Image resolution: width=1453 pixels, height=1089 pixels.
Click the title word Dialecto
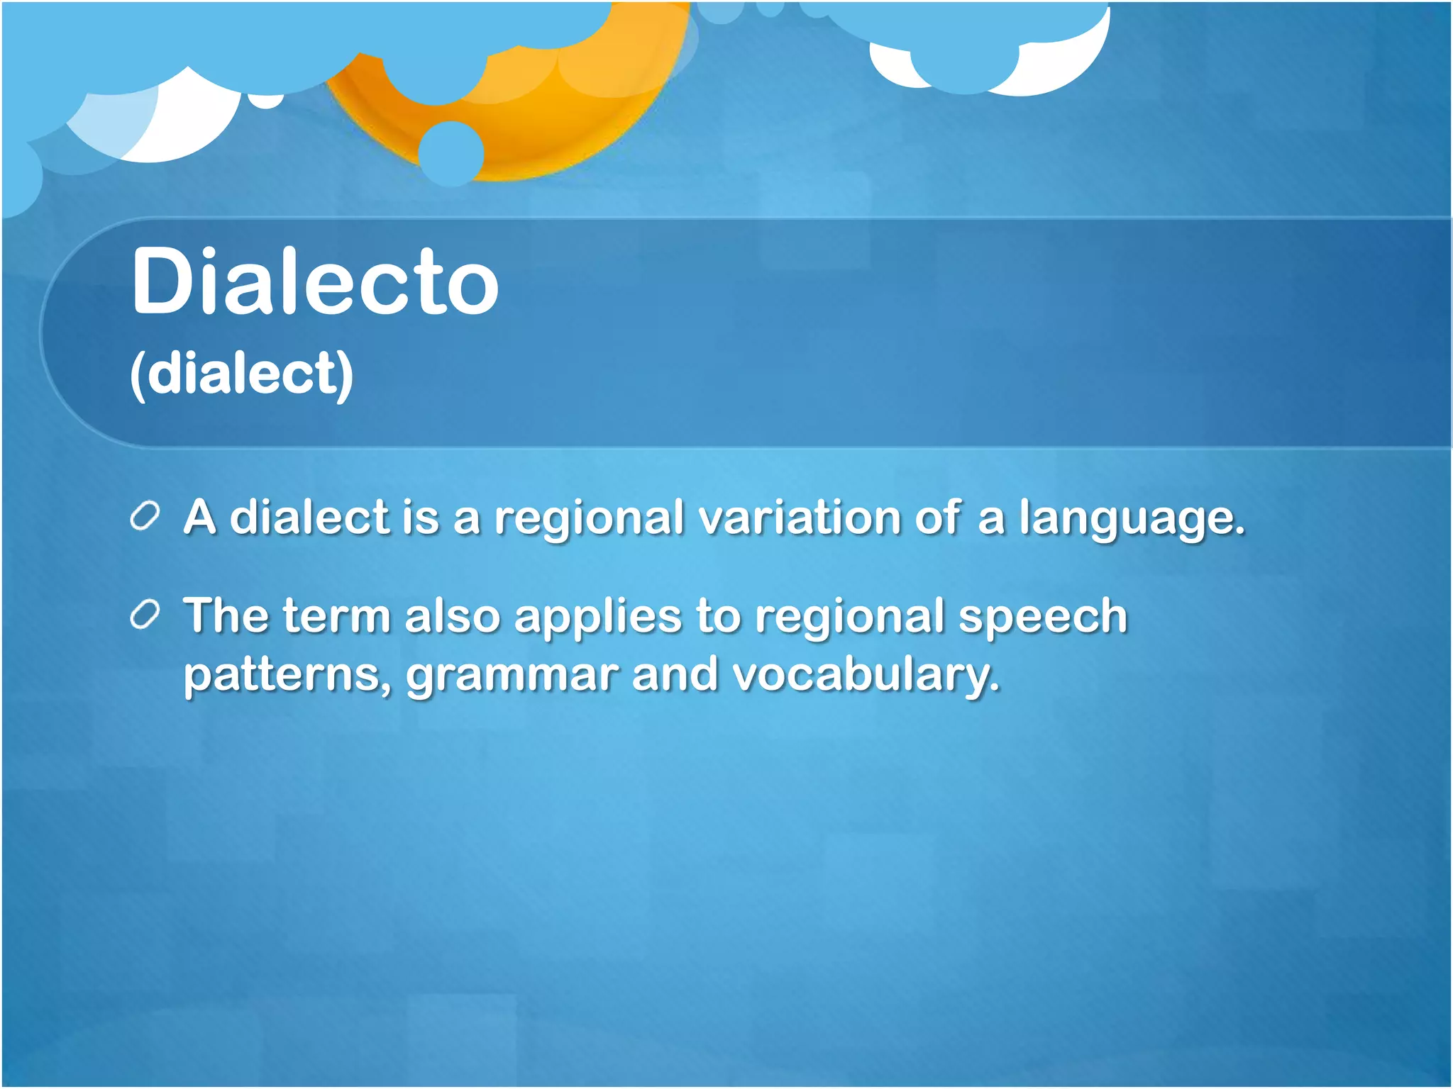tap(315, 282)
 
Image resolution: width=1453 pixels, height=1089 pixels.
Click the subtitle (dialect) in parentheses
tap(241, 374)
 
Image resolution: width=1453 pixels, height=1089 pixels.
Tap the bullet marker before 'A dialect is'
tap(145, 517)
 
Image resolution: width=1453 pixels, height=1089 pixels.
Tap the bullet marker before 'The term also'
tap(145, 615)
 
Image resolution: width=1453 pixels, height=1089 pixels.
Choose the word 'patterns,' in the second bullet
tap(287, 675)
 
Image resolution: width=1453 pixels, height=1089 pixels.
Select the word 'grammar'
tap(512, 676)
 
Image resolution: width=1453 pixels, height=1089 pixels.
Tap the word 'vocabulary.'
tap(866, 676)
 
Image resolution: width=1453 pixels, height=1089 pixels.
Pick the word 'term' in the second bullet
tap(336, 616)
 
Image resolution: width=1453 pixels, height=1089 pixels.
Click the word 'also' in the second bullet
tap(453, 616)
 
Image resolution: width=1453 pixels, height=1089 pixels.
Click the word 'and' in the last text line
tap(675, 675)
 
